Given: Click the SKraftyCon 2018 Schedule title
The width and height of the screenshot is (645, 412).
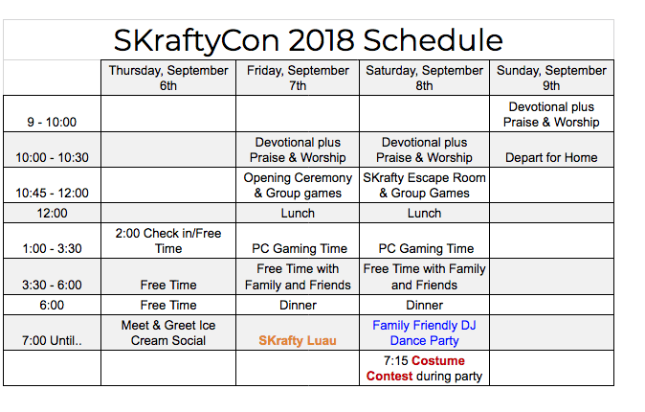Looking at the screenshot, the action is pos(308,40).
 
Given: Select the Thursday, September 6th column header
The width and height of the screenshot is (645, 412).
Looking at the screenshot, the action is pos(168,78).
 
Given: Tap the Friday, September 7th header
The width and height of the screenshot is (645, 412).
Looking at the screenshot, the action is pos(298,78).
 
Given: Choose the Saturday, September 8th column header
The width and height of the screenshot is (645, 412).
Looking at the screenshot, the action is pos(424,78).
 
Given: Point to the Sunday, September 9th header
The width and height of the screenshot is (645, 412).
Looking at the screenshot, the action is pos(551,78).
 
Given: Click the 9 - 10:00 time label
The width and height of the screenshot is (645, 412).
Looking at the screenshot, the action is pos(52,122).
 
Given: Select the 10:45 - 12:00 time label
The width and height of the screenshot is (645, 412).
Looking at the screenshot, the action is pos(52,193).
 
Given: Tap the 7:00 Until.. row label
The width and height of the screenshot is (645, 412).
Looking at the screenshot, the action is pos(52,341).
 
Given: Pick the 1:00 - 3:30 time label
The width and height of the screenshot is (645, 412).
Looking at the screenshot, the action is pos(52,248).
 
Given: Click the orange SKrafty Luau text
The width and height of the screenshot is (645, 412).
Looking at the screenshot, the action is pos(298,341).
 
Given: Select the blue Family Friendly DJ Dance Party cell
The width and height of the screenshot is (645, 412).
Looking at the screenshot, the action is pos(424,332).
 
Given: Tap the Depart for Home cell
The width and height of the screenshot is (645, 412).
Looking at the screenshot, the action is pos(551,157).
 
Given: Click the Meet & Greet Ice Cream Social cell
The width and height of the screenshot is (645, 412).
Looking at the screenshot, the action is pos(168,332).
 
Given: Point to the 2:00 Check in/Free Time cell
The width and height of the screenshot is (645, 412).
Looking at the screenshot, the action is pos(168,241).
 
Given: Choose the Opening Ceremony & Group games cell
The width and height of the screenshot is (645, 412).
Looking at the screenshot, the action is pos(298,186).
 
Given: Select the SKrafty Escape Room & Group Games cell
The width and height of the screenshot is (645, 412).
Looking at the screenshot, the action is pos(424,186).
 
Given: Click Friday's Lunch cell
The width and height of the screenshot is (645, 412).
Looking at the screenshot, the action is pos(298,213).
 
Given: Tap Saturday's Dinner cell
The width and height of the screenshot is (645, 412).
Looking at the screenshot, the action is pos(425,306).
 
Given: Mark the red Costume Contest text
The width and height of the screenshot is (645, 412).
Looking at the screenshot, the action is pos(415,368).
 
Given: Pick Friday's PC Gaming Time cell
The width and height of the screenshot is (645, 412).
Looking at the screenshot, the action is pos(300,248).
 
